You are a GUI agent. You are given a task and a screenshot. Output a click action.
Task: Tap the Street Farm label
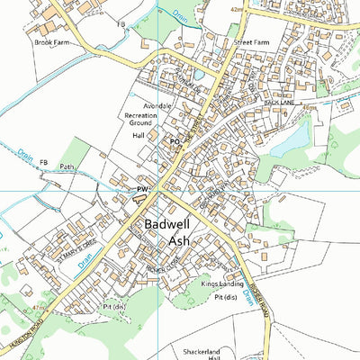pyautogui.click(x=252, y=42)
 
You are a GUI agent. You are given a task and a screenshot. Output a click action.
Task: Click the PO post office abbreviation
pyautogui.click(x=175, y=142)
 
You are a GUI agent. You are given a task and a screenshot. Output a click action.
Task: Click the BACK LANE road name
pyautogui.click(x=280, y=103)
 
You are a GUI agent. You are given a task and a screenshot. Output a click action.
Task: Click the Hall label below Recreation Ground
pyautogui.click(x=139, y=135)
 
